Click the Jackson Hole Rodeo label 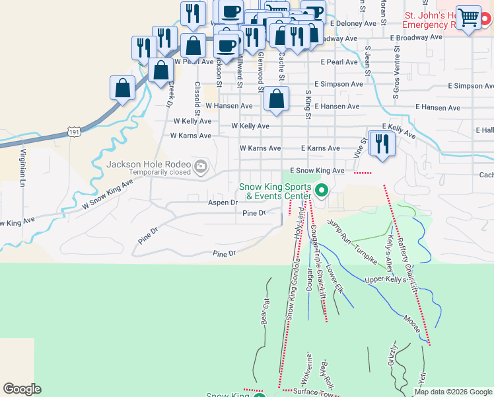[x=151, y=164]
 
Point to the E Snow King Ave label [x=322, y=171]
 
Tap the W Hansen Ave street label [x=229, y=106]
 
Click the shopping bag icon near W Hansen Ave [x=277, y=100]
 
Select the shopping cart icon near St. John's [x=468, y=17]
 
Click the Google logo [x=21, y=389]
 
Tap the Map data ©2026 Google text [x=453, y=392]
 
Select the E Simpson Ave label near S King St [x=339, y=85]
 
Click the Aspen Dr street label [x=223, y=202]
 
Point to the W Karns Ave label [x=190, y=136]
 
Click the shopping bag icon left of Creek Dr [x=123, y=88]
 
